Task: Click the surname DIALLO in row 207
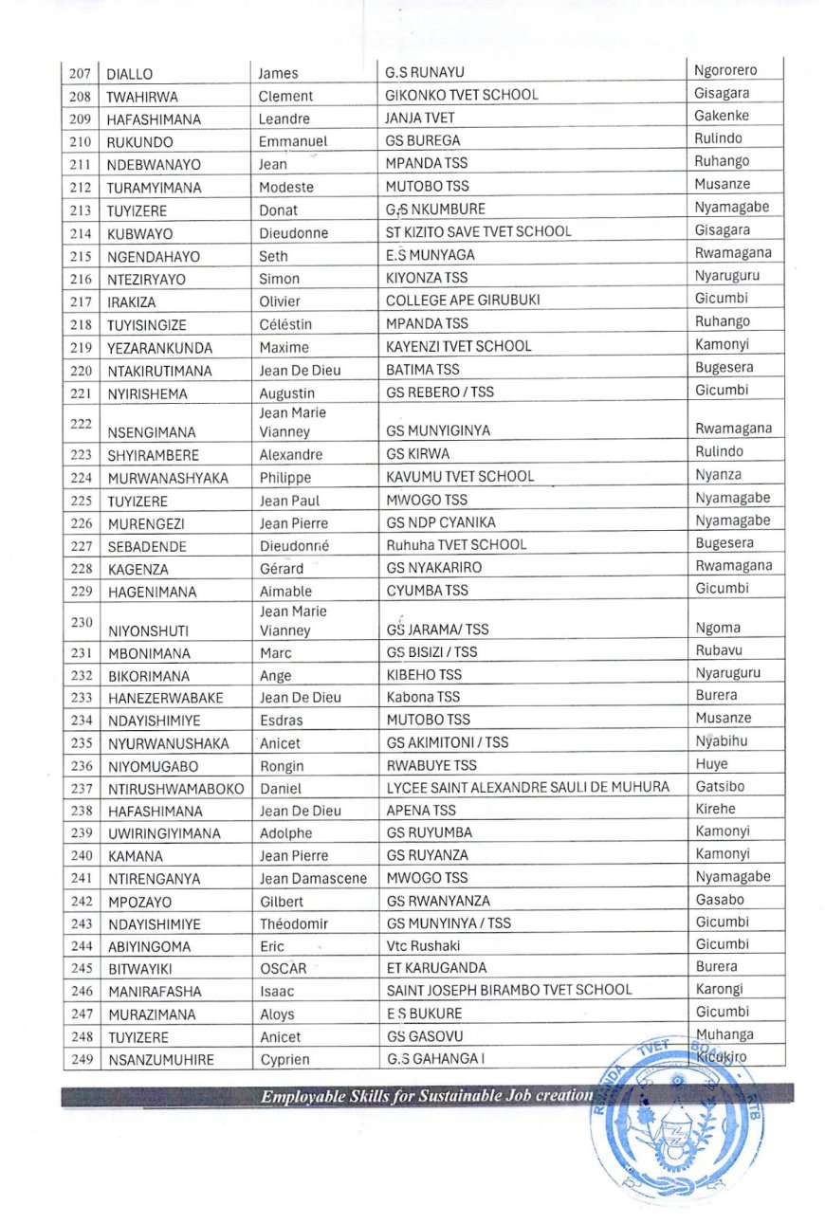[130, 73]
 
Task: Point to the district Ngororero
[725, 70]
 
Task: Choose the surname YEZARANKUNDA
[159, 347]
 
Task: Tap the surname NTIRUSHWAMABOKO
[171, 789]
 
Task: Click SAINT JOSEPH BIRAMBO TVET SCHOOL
[508, 990]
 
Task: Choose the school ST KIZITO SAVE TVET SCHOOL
[478, 232]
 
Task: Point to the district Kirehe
[715, 809]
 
